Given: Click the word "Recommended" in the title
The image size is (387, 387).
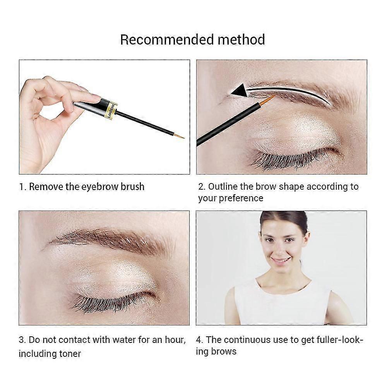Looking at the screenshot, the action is coord(167,39).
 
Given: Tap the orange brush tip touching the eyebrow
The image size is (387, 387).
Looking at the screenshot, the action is coord(268,100).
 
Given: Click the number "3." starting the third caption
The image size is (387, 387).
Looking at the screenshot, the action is coord(22,340).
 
